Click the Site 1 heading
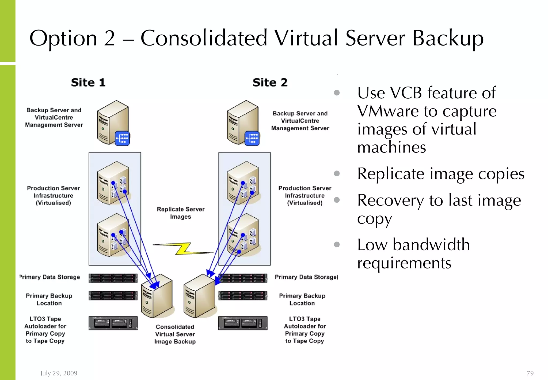88,82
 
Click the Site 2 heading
270,82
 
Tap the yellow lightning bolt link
184,249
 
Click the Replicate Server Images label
181,213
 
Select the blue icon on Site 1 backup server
122,138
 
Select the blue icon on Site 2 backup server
252,138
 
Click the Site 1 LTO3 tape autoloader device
113,323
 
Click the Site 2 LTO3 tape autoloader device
243,323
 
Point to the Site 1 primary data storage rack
113,278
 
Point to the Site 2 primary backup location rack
243,296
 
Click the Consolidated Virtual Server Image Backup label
175,334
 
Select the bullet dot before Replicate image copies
337,173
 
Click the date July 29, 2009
59,373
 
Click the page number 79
530,373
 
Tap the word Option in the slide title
63,38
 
